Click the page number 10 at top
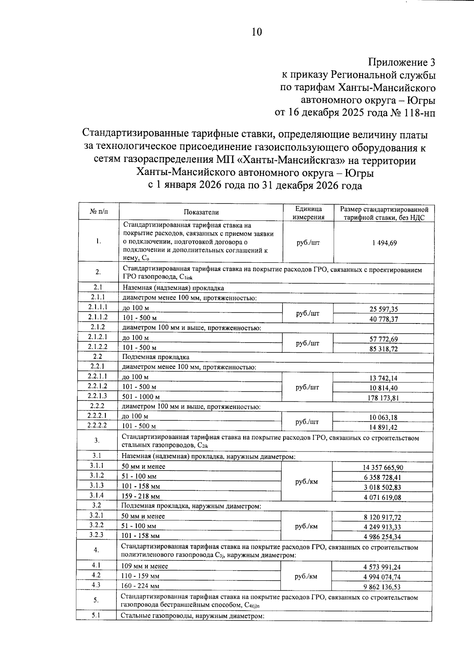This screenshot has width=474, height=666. tap(257, 32)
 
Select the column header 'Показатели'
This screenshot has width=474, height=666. tap(201, 212)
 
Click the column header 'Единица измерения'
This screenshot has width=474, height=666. tap(308, 213)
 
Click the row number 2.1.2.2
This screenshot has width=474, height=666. tap(98, 347)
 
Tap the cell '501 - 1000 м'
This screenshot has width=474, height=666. tap(141, 397)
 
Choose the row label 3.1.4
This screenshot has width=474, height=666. tap(97, 495)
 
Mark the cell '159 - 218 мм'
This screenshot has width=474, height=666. tap(141, 496)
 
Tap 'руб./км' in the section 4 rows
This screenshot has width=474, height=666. tap(306, 576)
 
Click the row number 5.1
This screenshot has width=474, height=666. tap(96, 615)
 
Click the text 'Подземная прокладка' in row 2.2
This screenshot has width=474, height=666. tap(156, 357)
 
